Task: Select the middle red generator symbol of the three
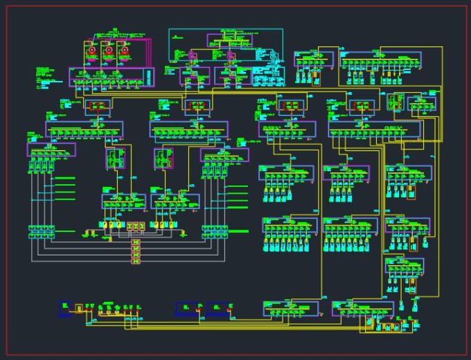[107, 50]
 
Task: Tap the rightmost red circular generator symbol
[124, 50]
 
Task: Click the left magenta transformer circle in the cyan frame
[195, 55]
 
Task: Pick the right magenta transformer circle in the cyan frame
[231, 55]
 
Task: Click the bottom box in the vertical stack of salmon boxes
[136, 260]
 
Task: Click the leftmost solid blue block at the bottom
[64, 307]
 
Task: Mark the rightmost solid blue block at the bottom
[217, 307]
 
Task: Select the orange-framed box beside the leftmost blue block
[79, 307]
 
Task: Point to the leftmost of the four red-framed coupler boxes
[98, 107]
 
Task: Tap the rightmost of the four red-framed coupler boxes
[362, 107]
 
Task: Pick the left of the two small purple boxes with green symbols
[115, 159]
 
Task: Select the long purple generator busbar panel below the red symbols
[111, 78]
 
